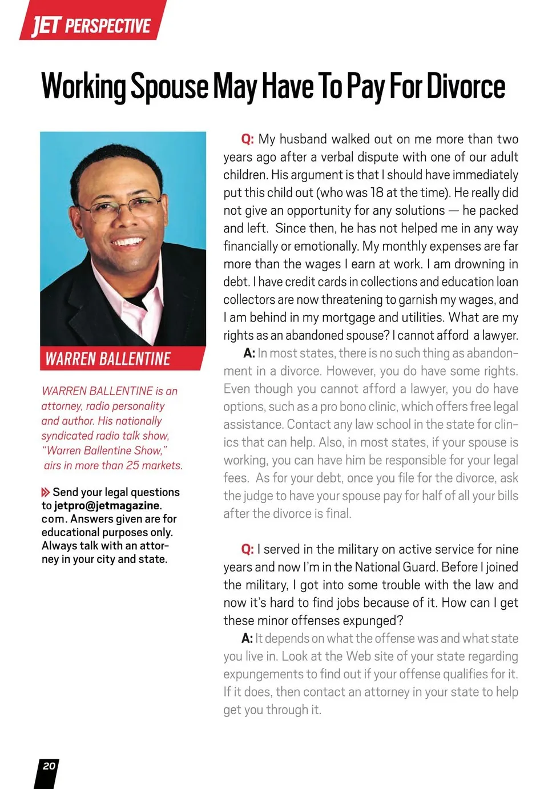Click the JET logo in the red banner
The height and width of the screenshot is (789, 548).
coord(46,26)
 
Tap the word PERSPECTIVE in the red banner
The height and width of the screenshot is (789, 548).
coord(107,26)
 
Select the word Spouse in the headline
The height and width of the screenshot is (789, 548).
coord(169,87)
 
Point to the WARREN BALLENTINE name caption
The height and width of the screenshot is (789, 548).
coord(108,359)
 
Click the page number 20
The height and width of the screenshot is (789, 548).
coord(49,766)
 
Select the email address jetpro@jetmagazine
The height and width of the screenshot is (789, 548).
coord(107,506)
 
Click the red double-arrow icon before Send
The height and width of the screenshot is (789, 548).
coord(46,492)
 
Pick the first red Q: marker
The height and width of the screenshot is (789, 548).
coord(247,139)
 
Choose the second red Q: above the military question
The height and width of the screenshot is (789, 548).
coord(247,549)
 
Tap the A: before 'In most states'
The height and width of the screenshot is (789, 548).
coord(249,353)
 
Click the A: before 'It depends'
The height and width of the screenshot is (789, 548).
coord(247,638)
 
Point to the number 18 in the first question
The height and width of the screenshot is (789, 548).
coord(377,193)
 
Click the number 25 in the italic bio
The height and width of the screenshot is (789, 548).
coord(132,465)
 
